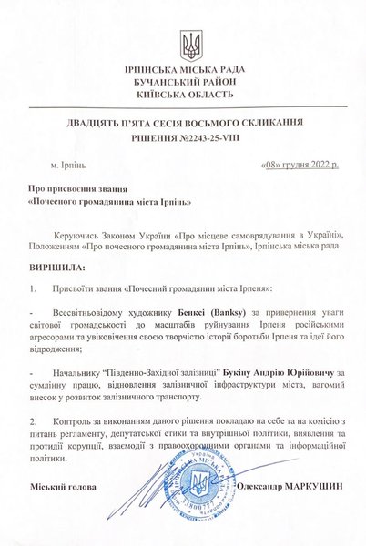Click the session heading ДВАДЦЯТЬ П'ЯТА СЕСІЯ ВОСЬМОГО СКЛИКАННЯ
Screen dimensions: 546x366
[x=182, y=122]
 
